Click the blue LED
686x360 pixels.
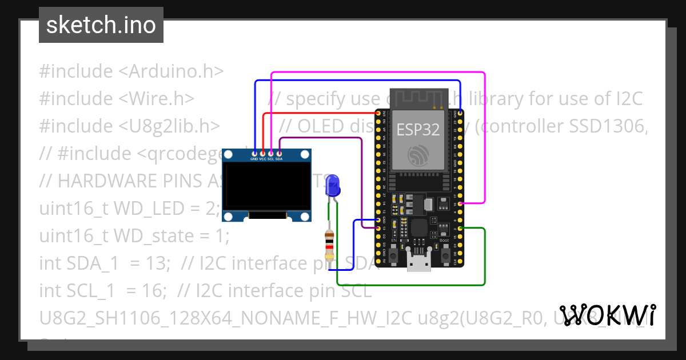pos(332,186)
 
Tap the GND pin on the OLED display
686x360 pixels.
pos(254,153)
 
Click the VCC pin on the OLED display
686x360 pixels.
pos(263,153)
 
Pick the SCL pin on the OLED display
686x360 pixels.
pos(271,153)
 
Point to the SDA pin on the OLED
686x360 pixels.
pos(279,153)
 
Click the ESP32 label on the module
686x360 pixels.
pos(418,130)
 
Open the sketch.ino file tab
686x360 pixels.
pos(101,25)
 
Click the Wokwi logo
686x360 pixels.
pos(607,315)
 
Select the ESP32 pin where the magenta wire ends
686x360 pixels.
pos(461,203)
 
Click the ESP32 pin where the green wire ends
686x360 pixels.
pos(461,228)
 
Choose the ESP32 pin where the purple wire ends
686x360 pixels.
pos(378,228)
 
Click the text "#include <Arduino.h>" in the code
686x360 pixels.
pos(131,71)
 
